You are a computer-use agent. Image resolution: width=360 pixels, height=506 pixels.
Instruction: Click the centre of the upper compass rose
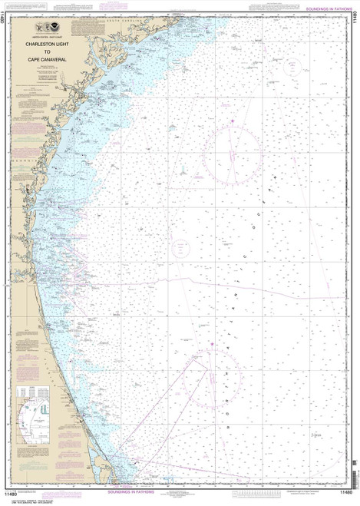[232, 150]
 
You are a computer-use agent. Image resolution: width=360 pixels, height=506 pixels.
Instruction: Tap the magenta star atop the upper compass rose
[232, 120]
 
